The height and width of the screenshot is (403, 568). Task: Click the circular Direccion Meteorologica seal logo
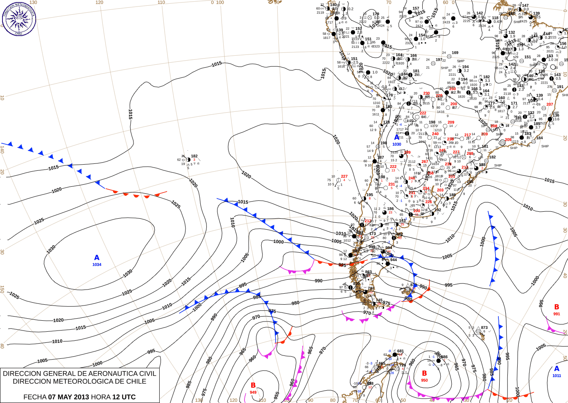[x=19, y=18]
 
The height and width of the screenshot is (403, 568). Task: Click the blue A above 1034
[x=97, y=258]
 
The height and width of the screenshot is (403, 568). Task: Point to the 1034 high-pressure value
[x=97, y=265]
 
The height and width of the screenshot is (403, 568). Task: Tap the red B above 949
[x=253, y=385]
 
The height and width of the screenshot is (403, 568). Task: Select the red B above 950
[x=424, y=374]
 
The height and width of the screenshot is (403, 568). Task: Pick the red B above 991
[x=557, y=307]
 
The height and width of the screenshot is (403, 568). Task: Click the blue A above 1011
[x=557, y=369]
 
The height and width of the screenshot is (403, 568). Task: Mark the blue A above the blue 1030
[x=396, y=138]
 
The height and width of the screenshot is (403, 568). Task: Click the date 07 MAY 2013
[x=68, y=397]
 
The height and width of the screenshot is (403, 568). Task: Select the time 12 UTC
[x=124, y=397]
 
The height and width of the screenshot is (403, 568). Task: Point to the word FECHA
[x=35, y=397]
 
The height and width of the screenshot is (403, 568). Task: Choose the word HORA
[x=101, y=397]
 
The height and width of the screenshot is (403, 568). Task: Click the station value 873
[x=484, y=328]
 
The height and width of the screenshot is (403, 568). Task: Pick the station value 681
[x=401, y=351]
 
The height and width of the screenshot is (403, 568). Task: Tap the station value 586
[x=444, y=357]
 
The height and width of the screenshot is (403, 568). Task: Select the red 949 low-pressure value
[x=253, y=392]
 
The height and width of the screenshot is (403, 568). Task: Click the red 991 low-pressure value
[x=557, y=314]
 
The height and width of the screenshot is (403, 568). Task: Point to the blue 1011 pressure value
[x=557, y=376]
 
